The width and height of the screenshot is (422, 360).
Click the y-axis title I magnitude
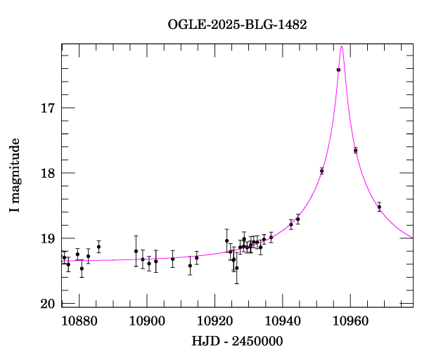15,176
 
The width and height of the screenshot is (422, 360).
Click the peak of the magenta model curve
342,46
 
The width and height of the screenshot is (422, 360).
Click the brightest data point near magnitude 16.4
338,70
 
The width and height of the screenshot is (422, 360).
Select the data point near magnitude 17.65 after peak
355,150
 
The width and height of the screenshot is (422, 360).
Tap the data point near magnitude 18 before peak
321,171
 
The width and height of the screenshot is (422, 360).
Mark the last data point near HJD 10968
379,207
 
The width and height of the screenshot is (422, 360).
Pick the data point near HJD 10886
98,247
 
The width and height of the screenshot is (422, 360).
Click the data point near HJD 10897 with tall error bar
136,251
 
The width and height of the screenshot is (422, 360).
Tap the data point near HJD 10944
298,219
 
